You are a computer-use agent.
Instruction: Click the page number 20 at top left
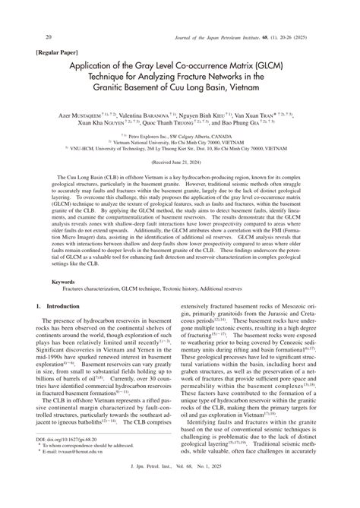pos(28,37)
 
